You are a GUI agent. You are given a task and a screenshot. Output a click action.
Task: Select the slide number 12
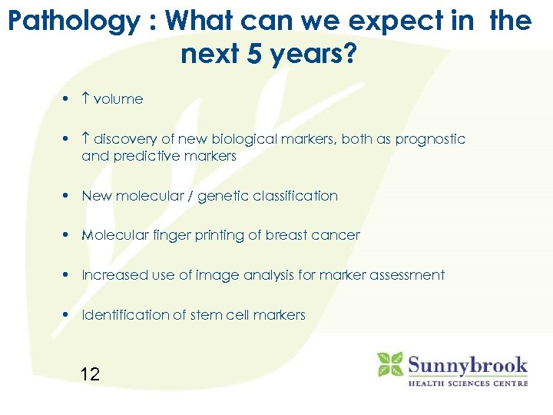[90, 374]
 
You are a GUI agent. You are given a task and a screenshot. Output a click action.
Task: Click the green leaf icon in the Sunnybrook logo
[390, 364]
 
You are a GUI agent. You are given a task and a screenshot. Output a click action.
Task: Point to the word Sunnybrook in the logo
[467, 364]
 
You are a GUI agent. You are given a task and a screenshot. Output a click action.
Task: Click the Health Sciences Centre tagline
[467, 383]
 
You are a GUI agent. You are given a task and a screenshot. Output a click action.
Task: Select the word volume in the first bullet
[118, 99]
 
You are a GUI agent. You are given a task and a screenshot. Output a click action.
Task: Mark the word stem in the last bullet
[212, 315]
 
